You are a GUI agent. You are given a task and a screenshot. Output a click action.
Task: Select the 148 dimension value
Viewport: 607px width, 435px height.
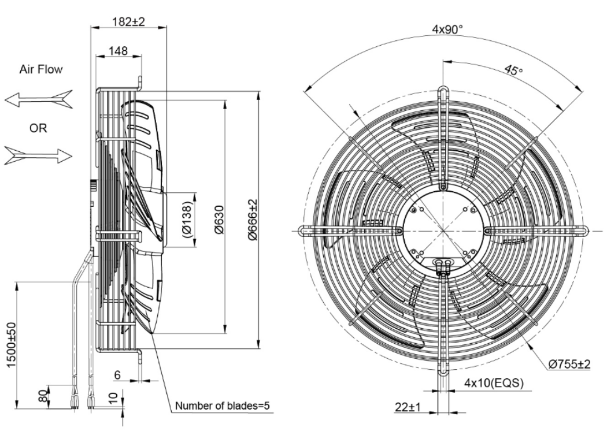pyautogui.click(x=118, y=51)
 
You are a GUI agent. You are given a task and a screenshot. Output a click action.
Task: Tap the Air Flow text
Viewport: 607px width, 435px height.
pyautogui.click(x=41, y=69)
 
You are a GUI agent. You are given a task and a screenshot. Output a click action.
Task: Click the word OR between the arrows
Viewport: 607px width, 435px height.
pyautogui.click(x=39, y=128)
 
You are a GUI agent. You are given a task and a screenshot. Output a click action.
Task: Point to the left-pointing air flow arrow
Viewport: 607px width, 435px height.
pyautogui.click(x=38, y=99)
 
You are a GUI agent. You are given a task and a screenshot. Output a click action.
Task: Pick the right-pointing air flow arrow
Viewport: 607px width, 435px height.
pyautogui.click(x=38, y=154)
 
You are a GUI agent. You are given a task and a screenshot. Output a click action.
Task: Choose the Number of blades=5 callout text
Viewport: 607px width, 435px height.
pyautogui.click(x=223, y=406)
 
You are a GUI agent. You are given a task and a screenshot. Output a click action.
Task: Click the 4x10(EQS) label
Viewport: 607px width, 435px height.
pyautogui.click(x=494, y=382)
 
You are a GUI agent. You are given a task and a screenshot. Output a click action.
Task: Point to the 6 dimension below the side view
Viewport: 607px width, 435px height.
pyautogui.click(x=117, y=375)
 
